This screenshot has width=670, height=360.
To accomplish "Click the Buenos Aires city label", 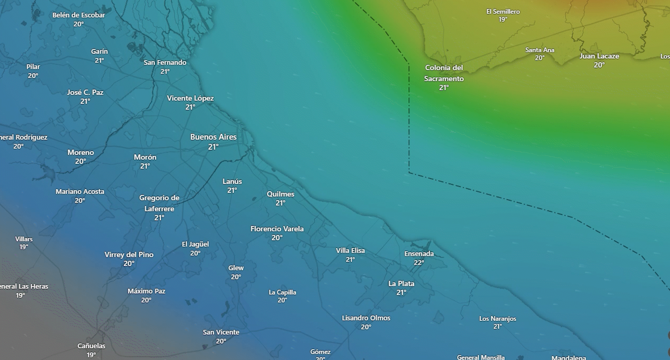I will tap(213, 137).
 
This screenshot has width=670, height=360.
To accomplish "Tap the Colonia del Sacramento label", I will tap(444, 73).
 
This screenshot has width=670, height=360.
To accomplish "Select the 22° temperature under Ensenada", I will tap(419, 263).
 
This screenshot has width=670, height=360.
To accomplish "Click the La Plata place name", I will tap(401, 284).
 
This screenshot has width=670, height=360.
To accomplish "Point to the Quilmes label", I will tap(280, 194).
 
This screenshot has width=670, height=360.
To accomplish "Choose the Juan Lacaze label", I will tap(599, 56).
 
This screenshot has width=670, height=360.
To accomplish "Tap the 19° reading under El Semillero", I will tap(503, 20).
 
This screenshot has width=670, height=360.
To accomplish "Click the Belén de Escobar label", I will tap(79, 15).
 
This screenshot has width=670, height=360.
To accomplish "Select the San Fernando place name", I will tap(165, 62).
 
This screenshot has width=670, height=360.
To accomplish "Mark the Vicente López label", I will tap(190, 98).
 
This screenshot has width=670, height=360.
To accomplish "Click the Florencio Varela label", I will tap(277, 229).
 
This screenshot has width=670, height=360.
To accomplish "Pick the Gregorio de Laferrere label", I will tap(159, 203).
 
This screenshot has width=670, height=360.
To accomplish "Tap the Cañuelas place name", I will tap(91, 346).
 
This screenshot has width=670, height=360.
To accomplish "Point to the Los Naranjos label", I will tap(498, 318).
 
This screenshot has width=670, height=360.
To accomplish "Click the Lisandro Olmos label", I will tap(366, 318).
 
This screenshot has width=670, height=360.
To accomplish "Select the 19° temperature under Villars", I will tap(24, 247).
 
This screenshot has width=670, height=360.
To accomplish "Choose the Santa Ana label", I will tap(540, 50).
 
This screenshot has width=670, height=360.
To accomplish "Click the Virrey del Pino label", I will tap(129, 255).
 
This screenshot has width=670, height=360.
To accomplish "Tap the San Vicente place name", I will tap(221, 332).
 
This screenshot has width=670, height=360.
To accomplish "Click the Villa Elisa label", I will tap(350, 250).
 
